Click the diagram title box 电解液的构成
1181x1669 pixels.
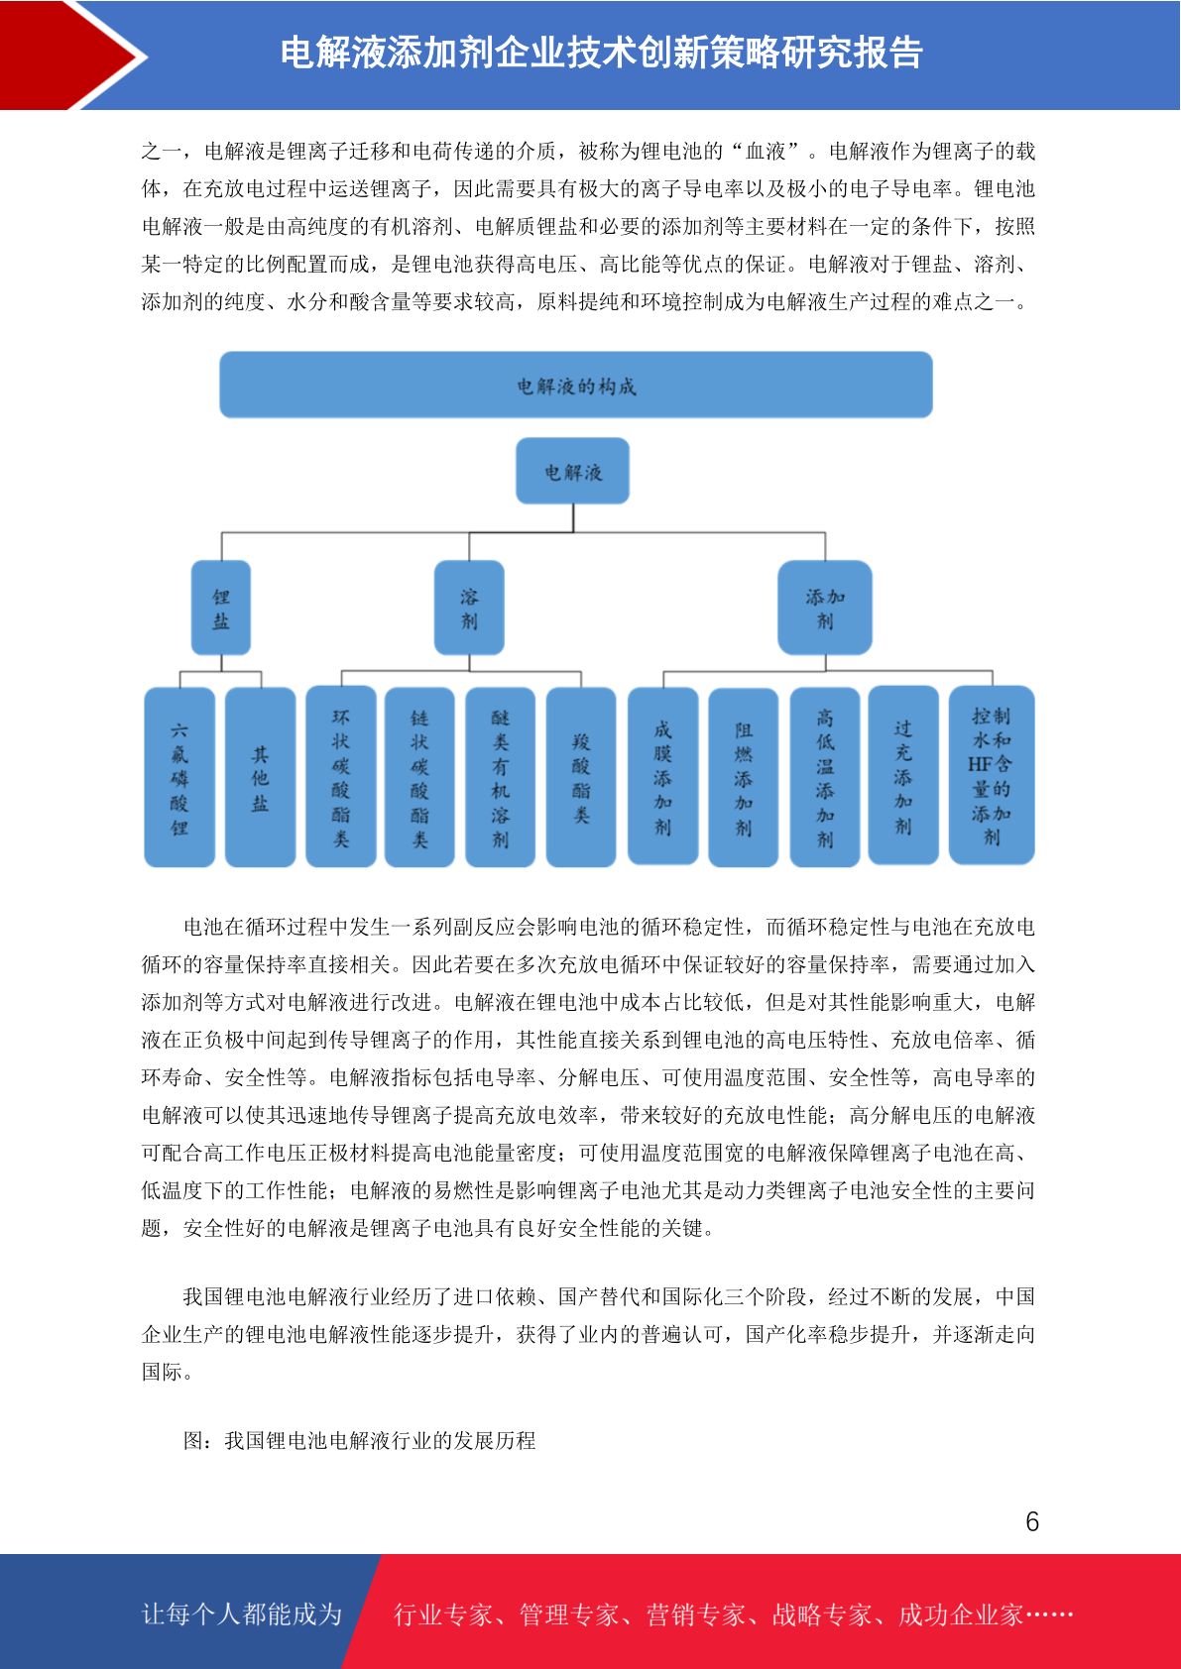coord(575,385)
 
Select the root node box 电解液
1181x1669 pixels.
coord(572,471)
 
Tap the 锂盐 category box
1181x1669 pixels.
coord(221,608)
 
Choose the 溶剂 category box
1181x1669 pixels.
coord(469,608)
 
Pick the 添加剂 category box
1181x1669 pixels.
coord(825,608)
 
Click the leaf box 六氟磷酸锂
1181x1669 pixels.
coord(179,777)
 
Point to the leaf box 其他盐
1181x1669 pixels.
coord(260,777)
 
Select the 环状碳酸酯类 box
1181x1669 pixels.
coord(341,776)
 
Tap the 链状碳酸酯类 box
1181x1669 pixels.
coord(419,777)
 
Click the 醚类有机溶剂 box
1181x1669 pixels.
coord(501,777)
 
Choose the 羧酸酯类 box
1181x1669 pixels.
coord(581,777)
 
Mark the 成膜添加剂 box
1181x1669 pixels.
coord(662,776)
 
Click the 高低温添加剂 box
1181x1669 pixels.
coord(825,777)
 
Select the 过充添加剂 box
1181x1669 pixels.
coord(903,775)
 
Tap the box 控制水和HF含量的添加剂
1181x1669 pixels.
coord(992,775)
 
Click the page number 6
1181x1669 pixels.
coord(1032,1521)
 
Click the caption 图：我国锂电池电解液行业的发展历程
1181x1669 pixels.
coord(359,1440)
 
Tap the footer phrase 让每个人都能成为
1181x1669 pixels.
coord(242,1613)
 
